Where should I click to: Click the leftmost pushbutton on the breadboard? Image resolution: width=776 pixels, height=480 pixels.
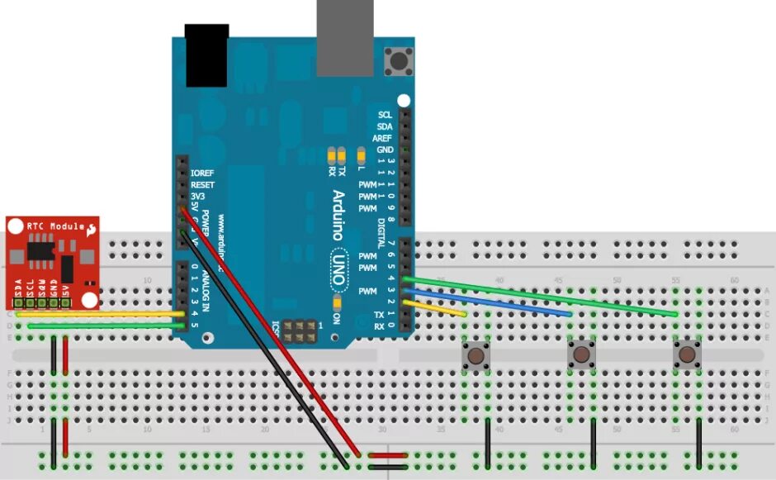(476, 356)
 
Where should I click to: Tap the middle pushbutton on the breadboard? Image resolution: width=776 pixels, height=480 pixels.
(582, 355)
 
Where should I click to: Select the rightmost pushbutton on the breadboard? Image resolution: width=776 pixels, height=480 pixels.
(687, 355)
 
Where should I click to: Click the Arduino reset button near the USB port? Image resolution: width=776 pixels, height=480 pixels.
(400, 60)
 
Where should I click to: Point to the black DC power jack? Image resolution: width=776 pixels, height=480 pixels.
(206, 55)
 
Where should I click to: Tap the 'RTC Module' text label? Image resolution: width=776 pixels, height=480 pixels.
(56, 226)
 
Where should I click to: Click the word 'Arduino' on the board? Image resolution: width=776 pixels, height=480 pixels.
(339, 213)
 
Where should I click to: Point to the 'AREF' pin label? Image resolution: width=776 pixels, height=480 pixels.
(382, 138)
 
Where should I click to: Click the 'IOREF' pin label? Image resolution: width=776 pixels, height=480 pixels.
(202, 173)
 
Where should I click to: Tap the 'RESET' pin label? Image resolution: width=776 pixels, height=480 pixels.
(202, 184)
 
